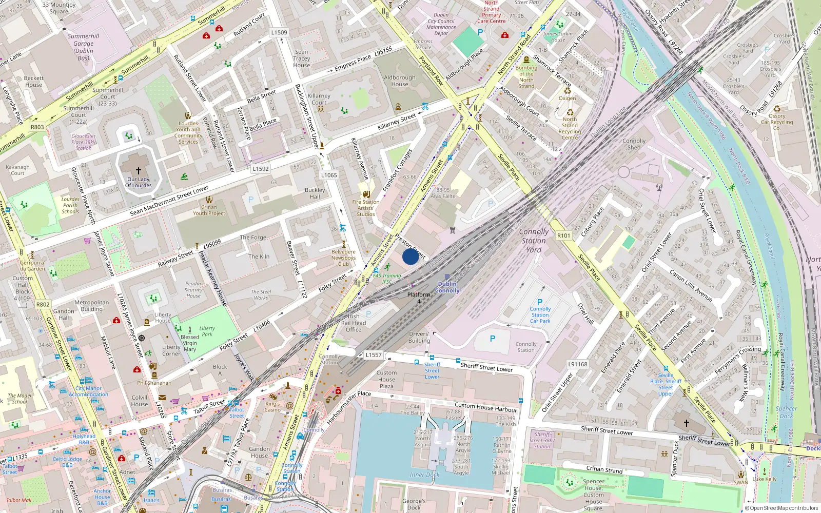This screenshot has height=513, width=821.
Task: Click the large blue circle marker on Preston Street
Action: click(x=411, y=256)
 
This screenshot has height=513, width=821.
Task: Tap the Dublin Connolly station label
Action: click(x=447, y=287)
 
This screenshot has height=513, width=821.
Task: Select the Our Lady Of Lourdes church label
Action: click(x=139, y=182)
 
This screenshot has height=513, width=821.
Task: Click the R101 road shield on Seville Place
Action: click(x=563, y=235)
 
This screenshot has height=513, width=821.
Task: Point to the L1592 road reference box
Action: click(x=261, y=169)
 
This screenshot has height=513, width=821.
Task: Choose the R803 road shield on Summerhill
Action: click(x=37, y=127)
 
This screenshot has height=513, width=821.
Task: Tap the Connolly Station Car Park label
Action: click(x=540, y=315)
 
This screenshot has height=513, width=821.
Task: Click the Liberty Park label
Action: click(x=207, y=331)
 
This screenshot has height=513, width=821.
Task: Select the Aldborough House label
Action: click(x=400, y=81)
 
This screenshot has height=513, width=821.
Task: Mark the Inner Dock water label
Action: click(x=424, y=475)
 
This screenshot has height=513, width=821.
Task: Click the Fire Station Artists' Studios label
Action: click(x=365, y=208)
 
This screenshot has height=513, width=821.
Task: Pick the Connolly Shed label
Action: click(x=634, y=144)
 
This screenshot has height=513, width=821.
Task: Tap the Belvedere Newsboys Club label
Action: click(x=343, y=258)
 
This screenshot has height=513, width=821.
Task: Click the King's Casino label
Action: click(x=272, y=407)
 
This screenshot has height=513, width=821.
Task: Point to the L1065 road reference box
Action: click(x=329, y=175)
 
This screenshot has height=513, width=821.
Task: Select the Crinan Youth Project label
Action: click(x=209, y=210)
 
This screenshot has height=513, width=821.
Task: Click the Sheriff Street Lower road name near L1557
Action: click(x=486, y=367)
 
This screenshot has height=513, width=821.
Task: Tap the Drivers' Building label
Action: click(x=419, y=337)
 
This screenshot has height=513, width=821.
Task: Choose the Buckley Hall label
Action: click(x=315, y=193)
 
